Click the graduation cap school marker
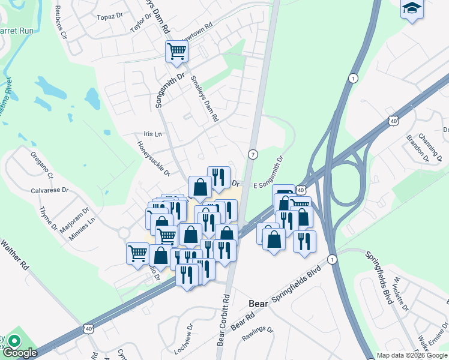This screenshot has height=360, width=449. click(412, 8)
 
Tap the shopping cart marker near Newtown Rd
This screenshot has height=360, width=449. click(176, 52)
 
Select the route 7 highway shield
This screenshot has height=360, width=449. click(253, 154)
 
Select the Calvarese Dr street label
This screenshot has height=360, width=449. click(50, 190)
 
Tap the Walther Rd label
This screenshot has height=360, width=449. click(16, 254)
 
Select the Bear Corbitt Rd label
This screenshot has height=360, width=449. click(223, 320)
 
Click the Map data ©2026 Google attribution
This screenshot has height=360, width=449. click(412, 355)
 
